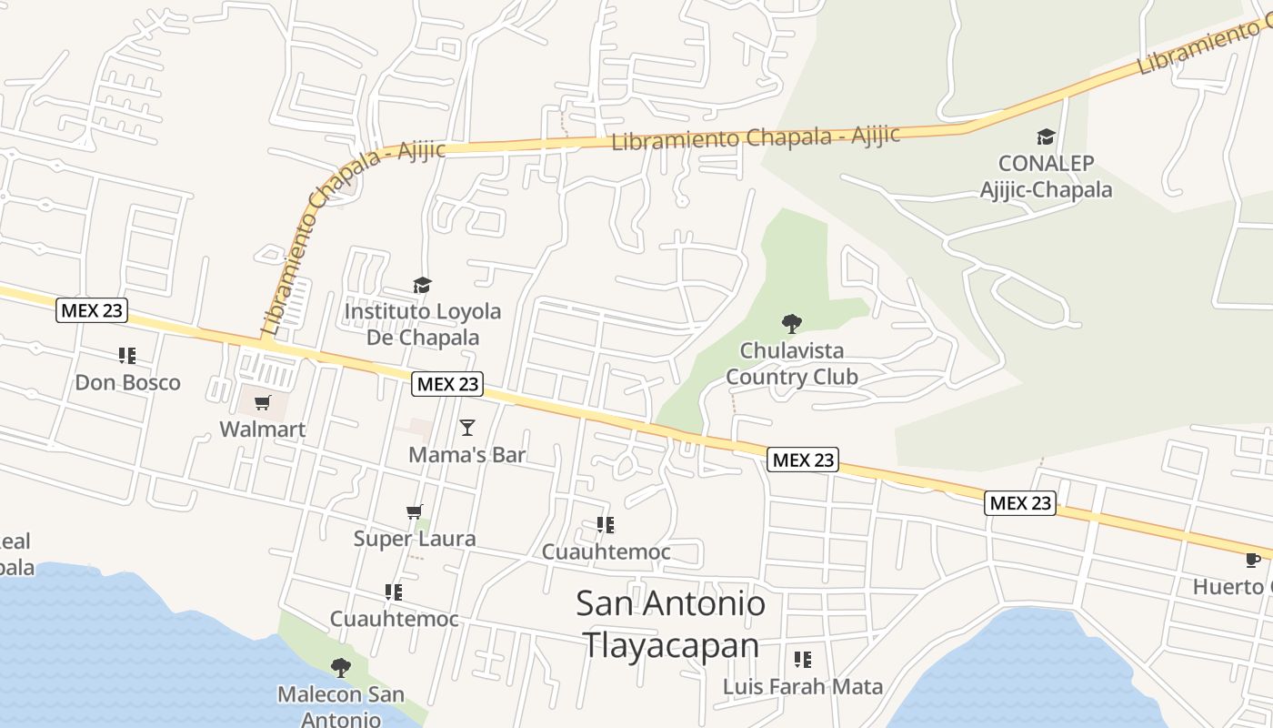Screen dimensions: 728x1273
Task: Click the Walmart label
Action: tap(262, 429)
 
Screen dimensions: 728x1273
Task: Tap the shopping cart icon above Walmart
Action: tap(263, 402)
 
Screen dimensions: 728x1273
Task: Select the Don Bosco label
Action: tap(127, 382)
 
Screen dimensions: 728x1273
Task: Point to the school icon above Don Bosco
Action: tap(127, 356)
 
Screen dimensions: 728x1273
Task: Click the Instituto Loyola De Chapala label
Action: tap(422, 324)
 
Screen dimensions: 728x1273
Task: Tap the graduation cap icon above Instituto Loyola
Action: tap(422, 286)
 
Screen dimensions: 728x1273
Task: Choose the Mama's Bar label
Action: tap(467, 454)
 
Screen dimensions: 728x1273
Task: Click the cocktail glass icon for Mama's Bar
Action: tap(467, 427)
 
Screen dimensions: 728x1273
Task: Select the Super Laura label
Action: tap(415, 539)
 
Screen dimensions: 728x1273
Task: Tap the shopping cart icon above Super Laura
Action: tap(415, 512)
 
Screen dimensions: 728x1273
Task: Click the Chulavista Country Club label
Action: tap(791, 363)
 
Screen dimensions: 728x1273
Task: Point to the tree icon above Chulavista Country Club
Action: tap(792, 323)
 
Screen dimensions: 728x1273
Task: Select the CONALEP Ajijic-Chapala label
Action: tap(1046, 177)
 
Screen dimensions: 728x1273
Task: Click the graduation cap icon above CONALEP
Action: tap(1046, 137)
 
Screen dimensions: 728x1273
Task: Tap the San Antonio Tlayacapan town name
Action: tap(671, 624)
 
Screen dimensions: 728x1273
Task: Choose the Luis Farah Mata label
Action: tap(803, 686)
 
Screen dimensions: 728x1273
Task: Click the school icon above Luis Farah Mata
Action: tap(803, 659)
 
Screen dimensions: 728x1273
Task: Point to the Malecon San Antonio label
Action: tap(341, 706)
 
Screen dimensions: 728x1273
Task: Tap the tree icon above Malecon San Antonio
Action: tap(341, 668)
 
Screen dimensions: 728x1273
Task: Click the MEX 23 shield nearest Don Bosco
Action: tap(92, 310)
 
